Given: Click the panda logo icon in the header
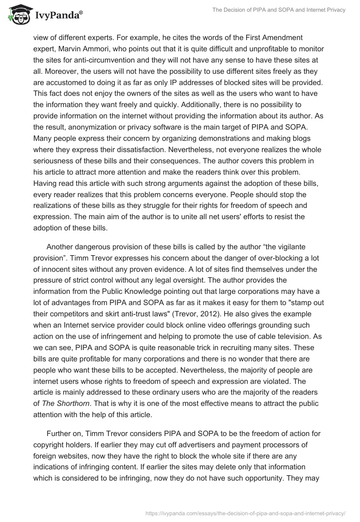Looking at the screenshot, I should (18, 15).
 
